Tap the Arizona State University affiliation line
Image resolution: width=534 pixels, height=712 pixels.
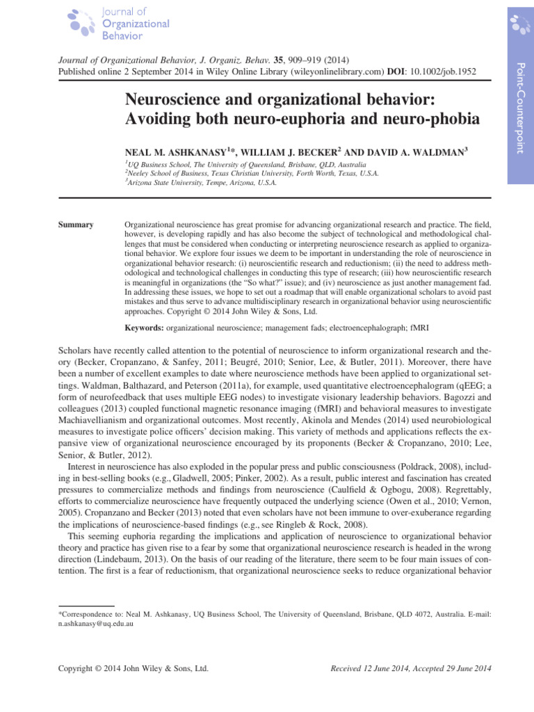[x=201, y=183]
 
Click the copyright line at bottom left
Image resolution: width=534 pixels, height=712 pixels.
[x=132, y=668]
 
